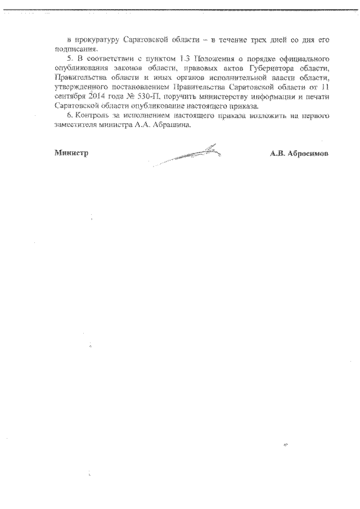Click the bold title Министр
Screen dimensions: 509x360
pos(72,152)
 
